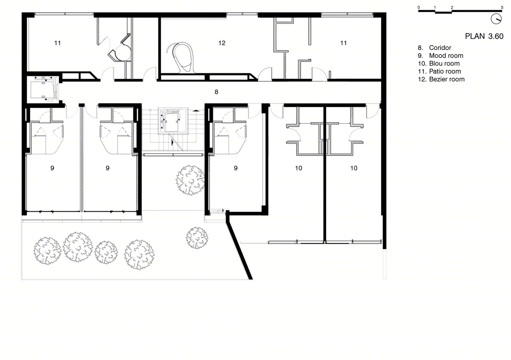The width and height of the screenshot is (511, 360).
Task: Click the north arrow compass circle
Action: (x=496, y=19)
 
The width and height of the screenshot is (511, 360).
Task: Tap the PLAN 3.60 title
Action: (x=484, y=36)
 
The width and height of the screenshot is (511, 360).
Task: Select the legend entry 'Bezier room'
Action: (x=447, y=79)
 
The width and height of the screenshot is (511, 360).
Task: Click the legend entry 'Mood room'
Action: (x=446, y=55)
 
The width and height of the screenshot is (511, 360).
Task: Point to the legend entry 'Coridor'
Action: (x=440, y=48)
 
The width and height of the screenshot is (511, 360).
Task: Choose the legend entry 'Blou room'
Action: (x=444, y=63)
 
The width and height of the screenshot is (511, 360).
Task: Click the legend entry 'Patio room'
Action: (x=445, y=71)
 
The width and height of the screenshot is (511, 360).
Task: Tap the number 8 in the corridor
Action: (x=216, y=92)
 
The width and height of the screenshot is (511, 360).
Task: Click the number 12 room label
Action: (x=222, y=43)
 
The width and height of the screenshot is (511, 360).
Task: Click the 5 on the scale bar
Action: (x=502, y=8)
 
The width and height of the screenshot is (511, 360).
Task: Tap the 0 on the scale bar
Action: (x=419, y=8)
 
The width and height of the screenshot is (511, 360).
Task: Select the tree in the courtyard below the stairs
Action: (x=190, y=180)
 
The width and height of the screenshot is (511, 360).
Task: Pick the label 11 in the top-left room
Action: (x=57, y=43)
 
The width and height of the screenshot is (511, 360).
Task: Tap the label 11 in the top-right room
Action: (x=343, y=43)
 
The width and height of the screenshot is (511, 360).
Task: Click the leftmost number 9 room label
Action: (x=52, y=168)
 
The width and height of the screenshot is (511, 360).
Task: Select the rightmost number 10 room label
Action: (x=353, y=168)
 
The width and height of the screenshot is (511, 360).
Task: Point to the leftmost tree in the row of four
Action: (x=47, y=251)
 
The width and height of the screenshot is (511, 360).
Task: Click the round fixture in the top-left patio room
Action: (x=123, y=53)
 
